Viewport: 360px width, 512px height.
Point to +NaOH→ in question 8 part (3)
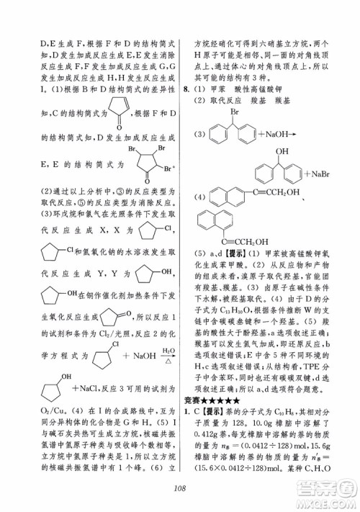pos(267,134)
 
